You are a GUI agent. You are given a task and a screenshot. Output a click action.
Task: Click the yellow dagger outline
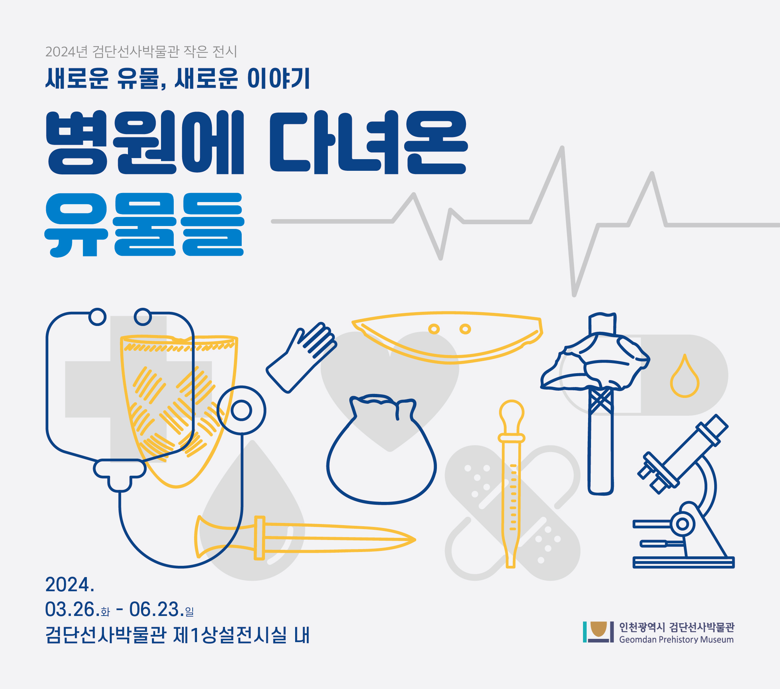[x=305, y=538]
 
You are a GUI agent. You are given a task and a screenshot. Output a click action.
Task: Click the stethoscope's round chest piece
[x=241, y=411]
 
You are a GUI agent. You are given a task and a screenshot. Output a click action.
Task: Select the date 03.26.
[x=70, y=609]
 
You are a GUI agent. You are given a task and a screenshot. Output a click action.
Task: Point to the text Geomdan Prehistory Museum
[x=676, y=640]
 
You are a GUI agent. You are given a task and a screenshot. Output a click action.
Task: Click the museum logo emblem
[x=598, y=632]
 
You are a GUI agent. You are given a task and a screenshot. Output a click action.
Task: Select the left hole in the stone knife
[x=434, y=329]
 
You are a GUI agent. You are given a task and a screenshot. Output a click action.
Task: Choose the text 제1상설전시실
[x=230, y=635]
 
